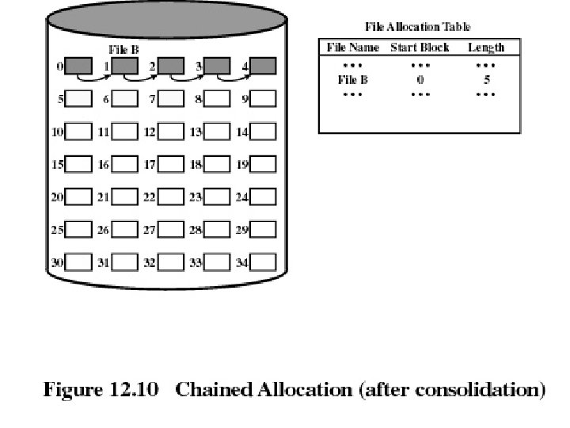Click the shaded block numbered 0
point(78,66)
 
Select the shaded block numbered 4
point(264,66)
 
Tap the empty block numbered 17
point(171,164)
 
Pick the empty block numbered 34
point(264,262)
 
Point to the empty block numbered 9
point(264,99)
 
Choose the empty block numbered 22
point(171,197)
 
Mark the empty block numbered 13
point(218,132)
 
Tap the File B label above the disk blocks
point(124,49)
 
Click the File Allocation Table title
point(417,28)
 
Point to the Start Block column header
point(420,48)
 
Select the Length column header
point(486,48)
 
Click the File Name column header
point(354,48)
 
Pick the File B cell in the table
point(352,79)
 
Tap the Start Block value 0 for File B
point(420,79)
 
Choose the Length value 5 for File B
point(487,79)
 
